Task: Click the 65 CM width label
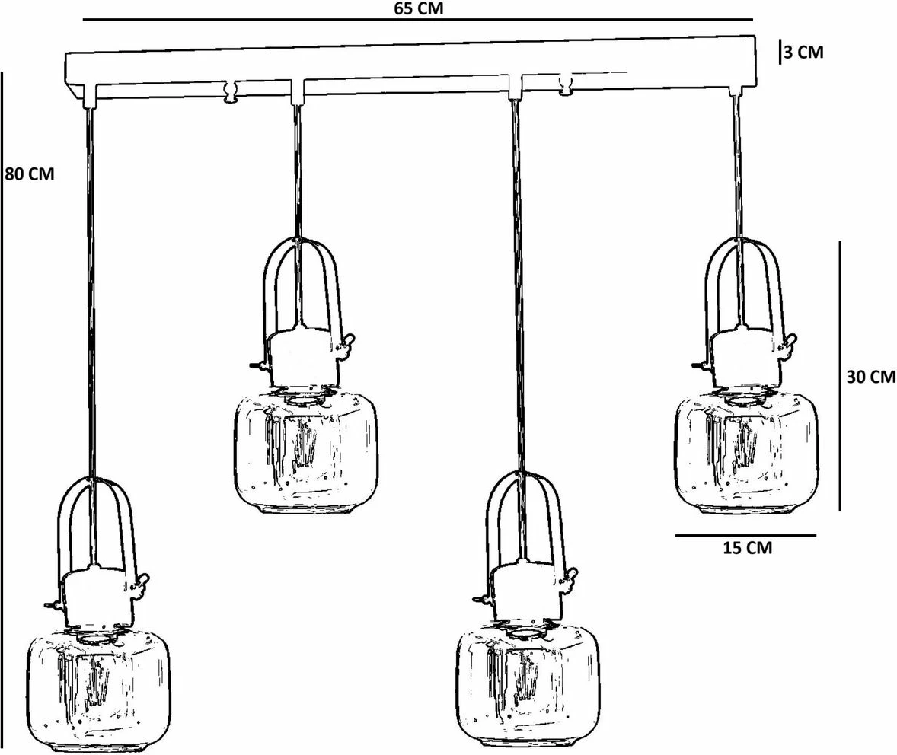coord(418,8)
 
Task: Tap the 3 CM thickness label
coord(804,52)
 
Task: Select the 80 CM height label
coord(30,174)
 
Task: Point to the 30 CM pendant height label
coord(871,376)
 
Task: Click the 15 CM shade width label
coord(747,547)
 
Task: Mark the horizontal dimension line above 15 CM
coord(745,535)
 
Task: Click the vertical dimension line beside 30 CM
coord(840,376)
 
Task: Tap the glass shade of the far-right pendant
coord(746,453)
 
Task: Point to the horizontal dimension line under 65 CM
coord(417,20)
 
